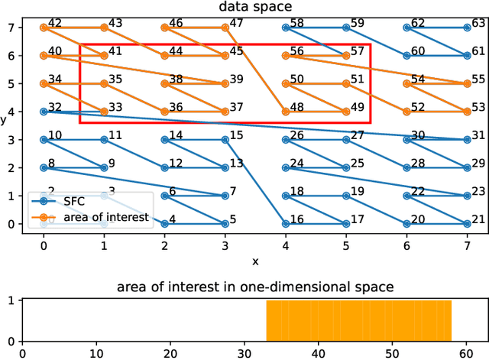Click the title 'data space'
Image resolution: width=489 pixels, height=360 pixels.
click(255, 7)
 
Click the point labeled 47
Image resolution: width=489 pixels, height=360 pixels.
click(225, 28)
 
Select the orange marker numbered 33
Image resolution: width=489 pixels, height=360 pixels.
click(104, 112)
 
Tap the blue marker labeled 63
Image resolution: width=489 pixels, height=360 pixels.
click(467, 28)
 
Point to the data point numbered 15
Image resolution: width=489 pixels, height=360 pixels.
click(225, 140)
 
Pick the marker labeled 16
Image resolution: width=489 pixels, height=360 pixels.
click(286, 224)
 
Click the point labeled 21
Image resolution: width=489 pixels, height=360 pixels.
click(467, 224)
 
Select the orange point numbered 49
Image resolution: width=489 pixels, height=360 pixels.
click(346, 112)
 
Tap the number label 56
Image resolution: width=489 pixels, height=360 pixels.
click(297, 51)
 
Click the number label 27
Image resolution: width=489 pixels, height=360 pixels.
click(358, 135)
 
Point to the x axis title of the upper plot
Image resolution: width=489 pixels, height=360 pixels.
click(255, 261)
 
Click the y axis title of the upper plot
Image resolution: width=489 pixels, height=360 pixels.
click(5, 119)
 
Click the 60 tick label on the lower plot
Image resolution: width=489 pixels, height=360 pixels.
click(467, 354)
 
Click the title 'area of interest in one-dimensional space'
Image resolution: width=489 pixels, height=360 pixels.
click(255, 287)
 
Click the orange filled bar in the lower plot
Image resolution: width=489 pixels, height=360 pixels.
click(358, 321)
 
